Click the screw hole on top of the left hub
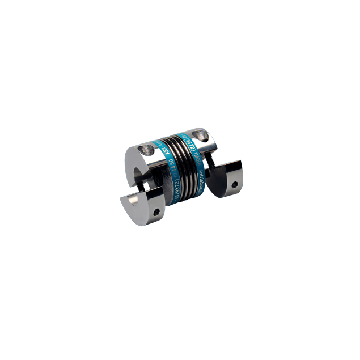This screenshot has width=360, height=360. click(x=146, y=150)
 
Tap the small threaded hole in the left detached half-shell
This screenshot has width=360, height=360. click(x=156, y=212)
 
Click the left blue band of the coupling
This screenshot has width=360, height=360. click(x=170, y=170)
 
